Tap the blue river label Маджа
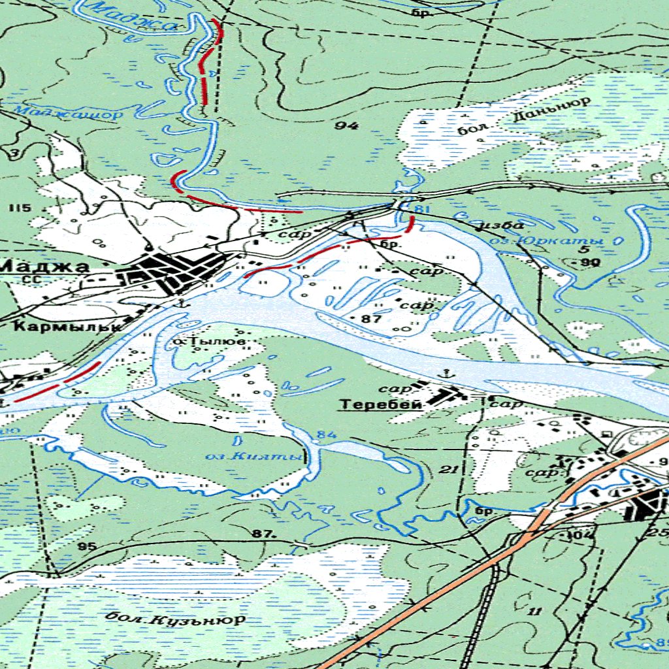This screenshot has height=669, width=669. pyautogui.click(x=133, y=17)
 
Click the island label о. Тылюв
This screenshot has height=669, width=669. pyautogui.click(x=210, y=342)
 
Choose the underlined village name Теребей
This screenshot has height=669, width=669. pyautogui.click(x=380, y=405)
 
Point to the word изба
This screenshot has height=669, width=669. pyautogui.click(x=501, y=225)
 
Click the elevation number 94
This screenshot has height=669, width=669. pyautogui.click(x=346, y=125)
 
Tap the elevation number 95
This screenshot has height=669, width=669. pyautogui.click(x=86, y=546)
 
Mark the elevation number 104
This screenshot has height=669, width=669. pyautogui.click(x=579, y=534)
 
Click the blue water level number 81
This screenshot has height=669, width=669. pyautogui.click(x=422, y=209)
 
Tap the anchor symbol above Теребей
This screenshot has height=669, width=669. pyautogui.click(x=448, y=373)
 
